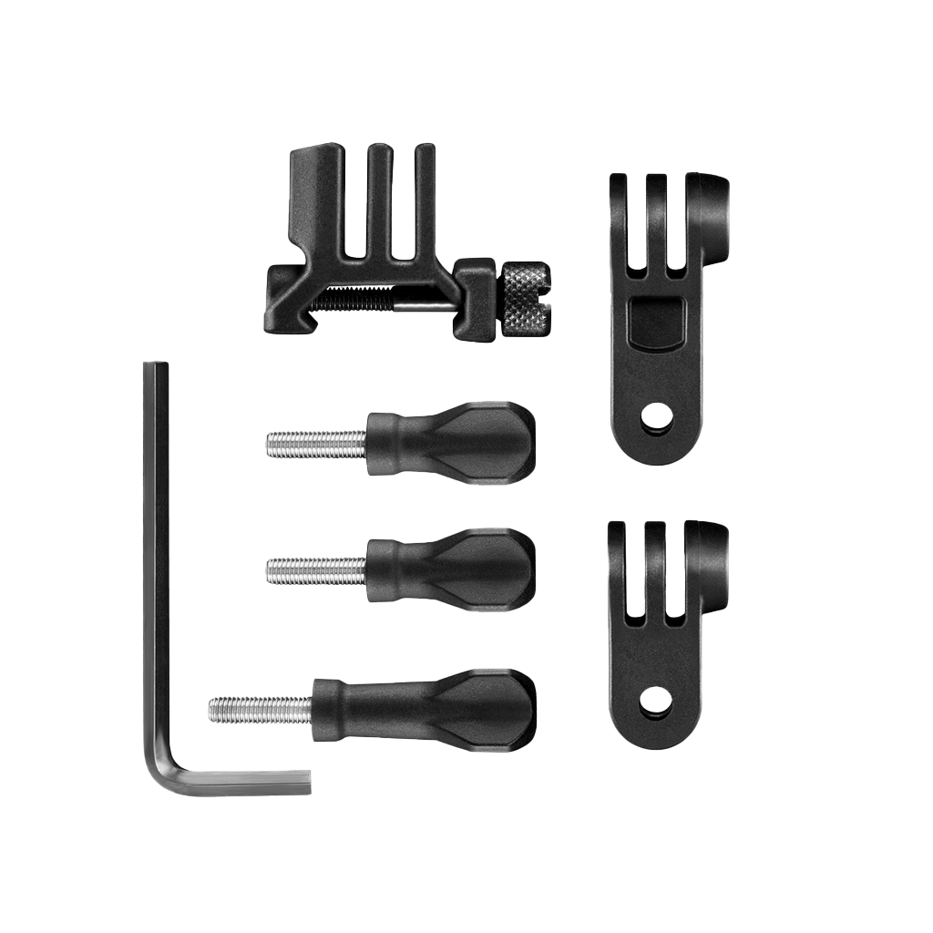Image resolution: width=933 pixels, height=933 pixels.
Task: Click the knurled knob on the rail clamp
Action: click(527, 298)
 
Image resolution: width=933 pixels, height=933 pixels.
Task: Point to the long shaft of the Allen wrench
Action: click(156, 547)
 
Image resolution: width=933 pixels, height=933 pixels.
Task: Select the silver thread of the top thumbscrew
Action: click(315, 444)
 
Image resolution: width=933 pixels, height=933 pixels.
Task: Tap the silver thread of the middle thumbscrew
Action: click(315, 571)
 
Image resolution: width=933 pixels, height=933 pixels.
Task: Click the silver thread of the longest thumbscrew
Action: click(260, 710)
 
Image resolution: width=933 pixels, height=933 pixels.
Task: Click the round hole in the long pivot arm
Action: click(656, 418)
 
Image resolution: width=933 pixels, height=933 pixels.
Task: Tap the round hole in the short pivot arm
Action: click(655, 702)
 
